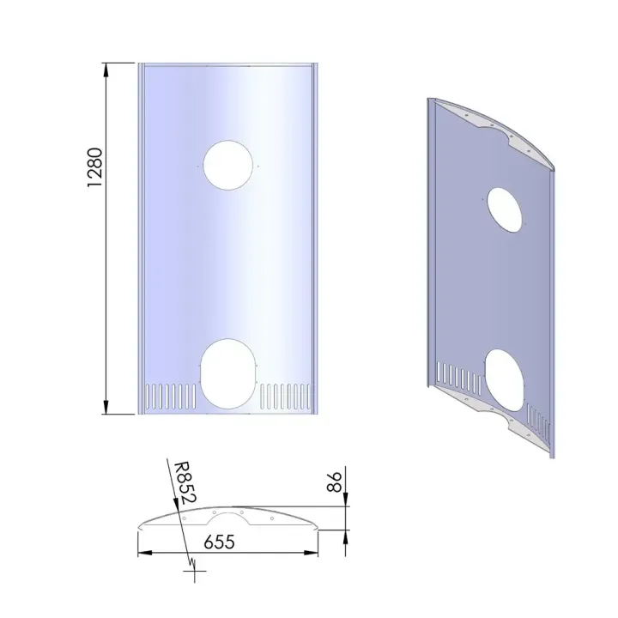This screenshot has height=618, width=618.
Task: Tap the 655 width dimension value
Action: click(220, 542)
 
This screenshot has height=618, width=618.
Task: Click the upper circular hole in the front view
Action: click(229, 164)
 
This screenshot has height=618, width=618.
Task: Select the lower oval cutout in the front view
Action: click(228, 372)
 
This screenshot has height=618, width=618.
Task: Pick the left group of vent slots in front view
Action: click(172, 396)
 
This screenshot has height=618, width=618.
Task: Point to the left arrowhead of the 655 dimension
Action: click(144, 552)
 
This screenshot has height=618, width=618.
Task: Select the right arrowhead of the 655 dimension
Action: click(313, 552)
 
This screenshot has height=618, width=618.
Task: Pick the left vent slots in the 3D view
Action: click(454, 376)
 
